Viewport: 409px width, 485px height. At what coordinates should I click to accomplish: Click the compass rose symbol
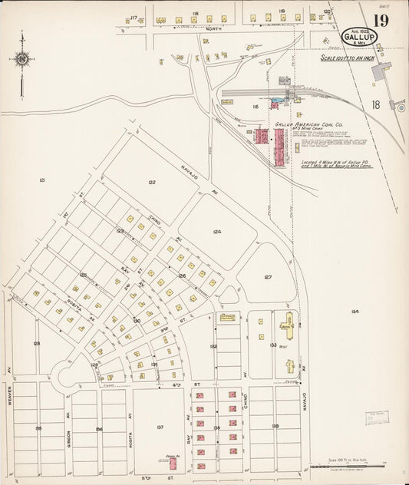click(x=21, y=59)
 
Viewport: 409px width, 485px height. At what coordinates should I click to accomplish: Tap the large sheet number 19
click(x=381, y=21)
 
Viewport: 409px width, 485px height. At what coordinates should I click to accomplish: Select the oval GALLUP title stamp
click(x=359, y=38)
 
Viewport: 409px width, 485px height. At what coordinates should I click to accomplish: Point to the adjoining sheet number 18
click(x=375, y=104)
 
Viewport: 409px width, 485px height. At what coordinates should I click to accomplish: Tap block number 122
click(x=152, y=182)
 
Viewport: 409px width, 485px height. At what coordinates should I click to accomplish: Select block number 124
click(x=217, y=231)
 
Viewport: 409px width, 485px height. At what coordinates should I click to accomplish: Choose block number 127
click(x=268, y=277)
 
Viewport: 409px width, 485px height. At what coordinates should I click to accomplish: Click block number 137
click(x=160, y=427)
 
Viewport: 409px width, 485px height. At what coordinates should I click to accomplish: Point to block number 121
click(x=42, y=180)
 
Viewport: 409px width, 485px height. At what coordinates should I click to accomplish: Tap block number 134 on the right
click(x=354, y=311)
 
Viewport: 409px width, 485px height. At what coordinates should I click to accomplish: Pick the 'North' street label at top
click(x=213, y=28)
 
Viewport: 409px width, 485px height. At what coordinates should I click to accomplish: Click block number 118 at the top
click(x=195, y=14)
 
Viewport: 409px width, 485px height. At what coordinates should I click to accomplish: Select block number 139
click(x=275, y=427)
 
